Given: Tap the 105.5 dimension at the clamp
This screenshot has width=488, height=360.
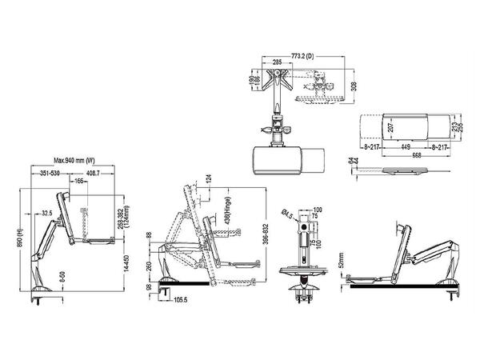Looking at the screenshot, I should click(180, 301).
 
